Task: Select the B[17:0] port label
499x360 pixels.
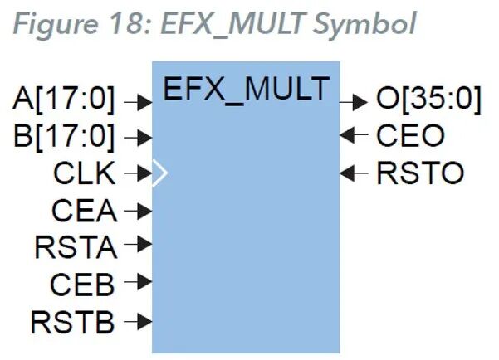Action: click(63, 136)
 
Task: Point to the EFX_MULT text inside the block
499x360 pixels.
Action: click(246, 89)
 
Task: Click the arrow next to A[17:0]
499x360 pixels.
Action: click(137, 101)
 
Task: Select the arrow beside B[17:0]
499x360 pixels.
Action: click(137, 138)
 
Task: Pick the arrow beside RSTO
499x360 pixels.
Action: click(354, 173)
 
